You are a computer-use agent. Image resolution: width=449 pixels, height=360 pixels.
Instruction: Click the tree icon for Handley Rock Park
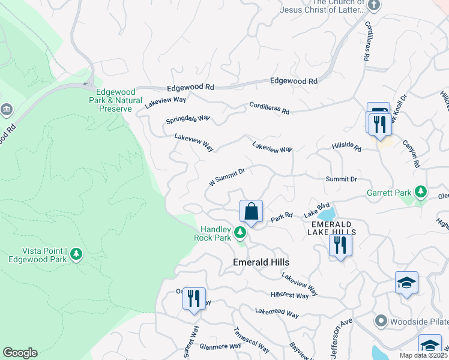coord(240,232)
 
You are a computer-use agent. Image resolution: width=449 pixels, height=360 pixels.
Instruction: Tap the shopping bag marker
coord(251,212)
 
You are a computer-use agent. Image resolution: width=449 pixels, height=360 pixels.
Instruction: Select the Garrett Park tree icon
coord(421,193)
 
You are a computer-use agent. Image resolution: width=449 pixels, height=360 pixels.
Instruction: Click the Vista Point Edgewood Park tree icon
coord(76,254)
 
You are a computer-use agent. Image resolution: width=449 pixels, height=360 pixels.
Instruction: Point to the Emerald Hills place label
coord(261,263)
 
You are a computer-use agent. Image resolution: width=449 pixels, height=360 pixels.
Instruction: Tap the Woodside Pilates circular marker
coord(379,320)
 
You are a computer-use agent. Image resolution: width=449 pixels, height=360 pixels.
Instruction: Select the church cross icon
coord(374,6)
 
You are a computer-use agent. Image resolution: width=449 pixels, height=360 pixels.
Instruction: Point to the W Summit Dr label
coord(226,176)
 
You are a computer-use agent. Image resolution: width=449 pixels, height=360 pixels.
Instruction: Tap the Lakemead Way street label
coord(277,313)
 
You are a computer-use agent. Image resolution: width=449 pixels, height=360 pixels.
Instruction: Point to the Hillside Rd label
coord(346,147)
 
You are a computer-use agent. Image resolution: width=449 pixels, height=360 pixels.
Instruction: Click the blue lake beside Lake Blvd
coord(327,214)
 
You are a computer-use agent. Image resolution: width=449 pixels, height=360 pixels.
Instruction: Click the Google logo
coord(20,353)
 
